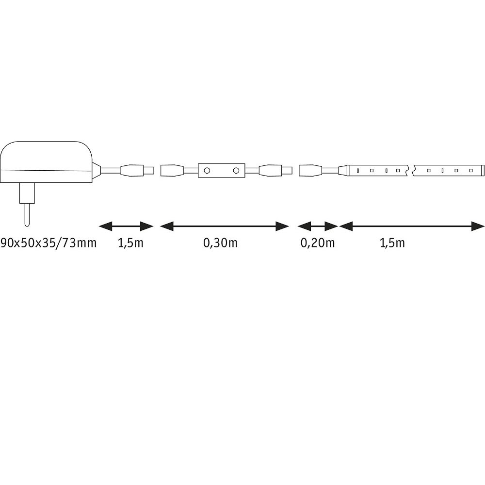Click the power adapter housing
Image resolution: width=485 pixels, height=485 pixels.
(x=47, y=162)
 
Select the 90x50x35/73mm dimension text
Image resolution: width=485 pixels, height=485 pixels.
(x=48, y=243)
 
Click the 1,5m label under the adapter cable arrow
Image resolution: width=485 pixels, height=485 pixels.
(x=130, y=243)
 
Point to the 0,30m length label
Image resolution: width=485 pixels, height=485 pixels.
(x=220, y=243)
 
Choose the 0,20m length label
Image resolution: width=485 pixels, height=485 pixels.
(x=318, y=243)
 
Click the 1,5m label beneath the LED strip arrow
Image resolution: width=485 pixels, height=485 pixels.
(x=392, y=243)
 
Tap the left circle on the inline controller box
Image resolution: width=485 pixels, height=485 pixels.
(x=207, y=170)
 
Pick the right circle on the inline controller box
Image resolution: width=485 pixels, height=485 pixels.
(x=236, y=170)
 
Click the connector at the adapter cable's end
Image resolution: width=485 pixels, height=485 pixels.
(x=137, y=170)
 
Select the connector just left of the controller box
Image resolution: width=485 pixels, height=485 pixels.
(x=172, y=170)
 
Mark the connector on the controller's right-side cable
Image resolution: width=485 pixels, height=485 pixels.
(x=275, y=170)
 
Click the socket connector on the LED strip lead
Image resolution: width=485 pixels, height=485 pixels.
(x=310, y=170)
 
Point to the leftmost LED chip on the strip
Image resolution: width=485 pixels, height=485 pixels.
(x=358, y=170)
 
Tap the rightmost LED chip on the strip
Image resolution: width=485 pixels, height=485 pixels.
(x=471, y=170)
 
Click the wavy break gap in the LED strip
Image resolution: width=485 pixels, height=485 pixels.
(x=411, y=170)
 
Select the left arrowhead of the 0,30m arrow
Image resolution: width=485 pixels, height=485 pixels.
(x=166, y=226)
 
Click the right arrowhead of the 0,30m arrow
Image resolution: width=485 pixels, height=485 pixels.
(x=282, y=226)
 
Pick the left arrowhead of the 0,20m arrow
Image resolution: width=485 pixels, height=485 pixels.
(x=304, y=226)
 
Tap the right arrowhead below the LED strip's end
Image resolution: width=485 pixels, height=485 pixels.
(x=478, y=226)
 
